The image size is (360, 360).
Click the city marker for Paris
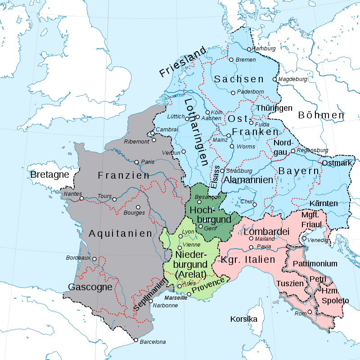137,162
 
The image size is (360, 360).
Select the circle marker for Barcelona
135,340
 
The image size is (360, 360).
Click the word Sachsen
239,79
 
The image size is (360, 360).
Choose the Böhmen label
321,115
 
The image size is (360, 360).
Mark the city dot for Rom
310,312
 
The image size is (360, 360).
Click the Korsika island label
243,319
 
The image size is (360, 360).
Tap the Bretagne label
50,174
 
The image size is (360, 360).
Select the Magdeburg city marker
274,79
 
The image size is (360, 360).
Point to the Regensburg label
313,150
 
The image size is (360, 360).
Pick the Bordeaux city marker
94,259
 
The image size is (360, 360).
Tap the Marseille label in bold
176,298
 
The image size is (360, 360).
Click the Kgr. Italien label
248,260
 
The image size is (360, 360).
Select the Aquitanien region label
121,234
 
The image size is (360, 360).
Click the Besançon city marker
199,202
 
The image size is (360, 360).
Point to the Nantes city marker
81,198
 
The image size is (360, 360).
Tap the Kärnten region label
324,203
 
